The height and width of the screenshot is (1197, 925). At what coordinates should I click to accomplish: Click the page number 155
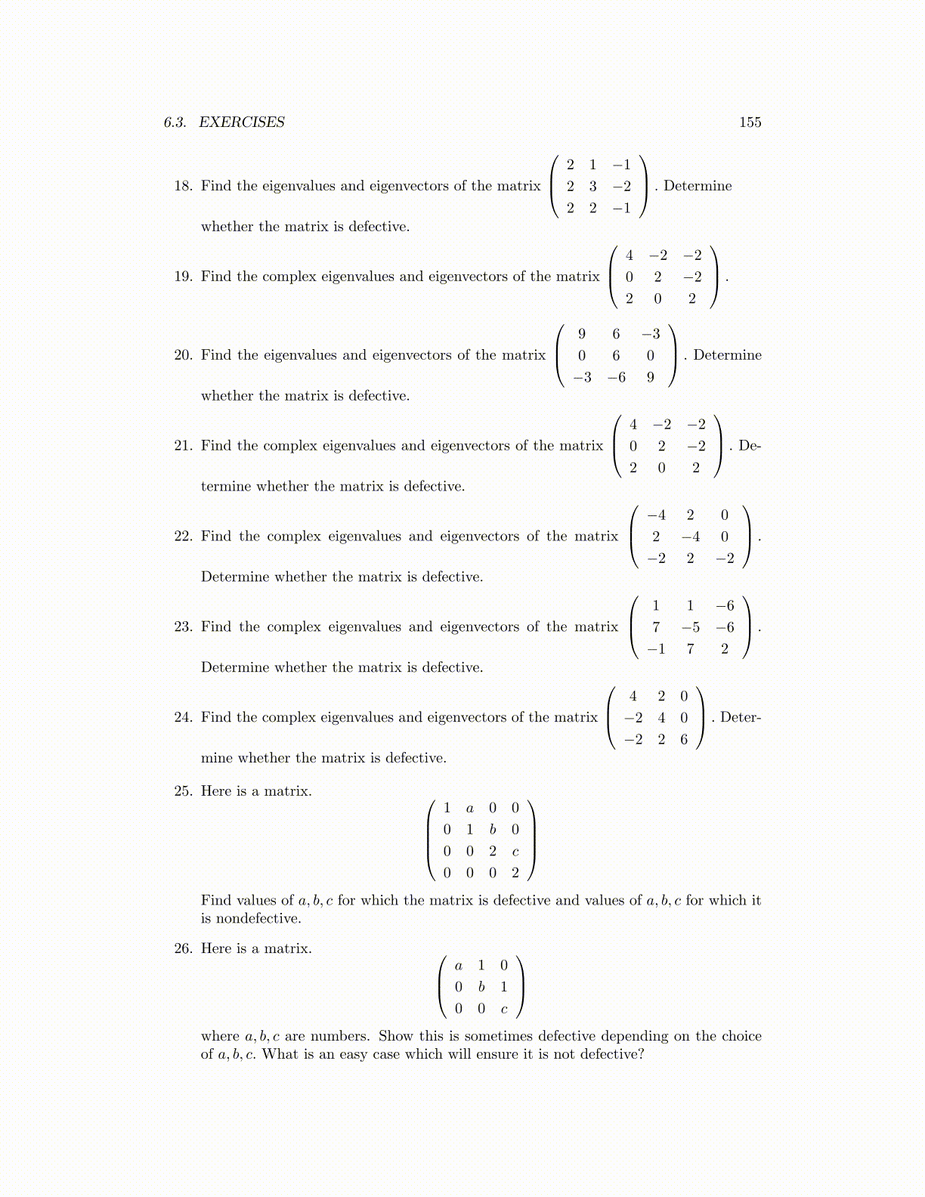coord(750,122)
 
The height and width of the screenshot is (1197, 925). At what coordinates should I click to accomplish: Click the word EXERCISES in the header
coord(242,122)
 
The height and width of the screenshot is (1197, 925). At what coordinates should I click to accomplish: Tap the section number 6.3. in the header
coord(175,122)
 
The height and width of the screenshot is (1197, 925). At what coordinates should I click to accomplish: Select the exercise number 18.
coord(183,186)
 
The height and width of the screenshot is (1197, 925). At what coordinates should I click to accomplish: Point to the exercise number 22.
coord(183,537)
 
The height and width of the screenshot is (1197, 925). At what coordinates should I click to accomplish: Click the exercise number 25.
coord(183,791)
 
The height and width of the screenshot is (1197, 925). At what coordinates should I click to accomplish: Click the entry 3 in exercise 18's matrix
coord(592,186)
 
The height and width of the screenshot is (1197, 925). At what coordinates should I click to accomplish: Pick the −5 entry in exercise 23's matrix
coord(690,627)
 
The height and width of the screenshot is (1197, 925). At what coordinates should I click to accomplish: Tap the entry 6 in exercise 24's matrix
coord(684,739)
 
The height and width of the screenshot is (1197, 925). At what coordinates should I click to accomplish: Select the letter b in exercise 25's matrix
coord(493,830)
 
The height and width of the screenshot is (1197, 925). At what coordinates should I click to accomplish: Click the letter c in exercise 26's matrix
coord(504,1009)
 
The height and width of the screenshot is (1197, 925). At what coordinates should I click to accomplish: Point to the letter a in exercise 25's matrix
coord(470,809)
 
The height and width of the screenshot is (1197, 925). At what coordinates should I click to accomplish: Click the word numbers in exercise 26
coord(339,1036)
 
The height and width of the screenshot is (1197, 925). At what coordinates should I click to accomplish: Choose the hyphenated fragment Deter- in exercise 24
coord(741,718)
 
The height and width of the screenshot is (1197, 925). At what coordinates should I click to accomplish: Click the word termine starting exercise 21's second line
coord(226,487)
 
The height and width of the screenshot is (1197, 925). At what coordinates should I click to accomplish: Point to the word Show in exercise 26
coord(395,1036)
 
